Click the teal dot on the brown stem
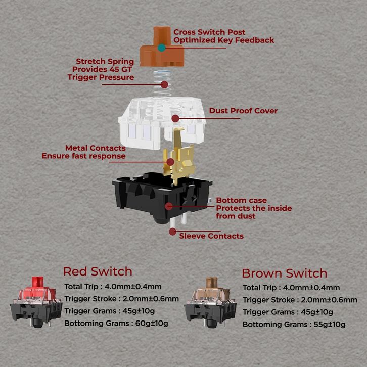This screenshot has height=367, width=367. click(161, 48)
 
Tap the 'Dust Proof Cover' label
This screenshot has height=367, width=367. click(243, 111)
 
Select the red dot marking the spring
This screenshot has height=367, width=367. click(164, 84)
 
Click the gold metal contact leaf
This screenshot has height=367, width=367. click(179, 156)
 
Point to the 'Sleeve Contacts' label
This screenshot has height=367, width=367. click(211, 236)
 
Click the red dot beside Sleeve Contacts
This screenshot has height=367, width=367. click(173, 232)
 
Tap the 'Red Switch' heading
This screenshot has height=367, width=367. click(98, 271)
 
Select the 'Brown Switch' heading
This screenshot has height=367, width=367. click(285, 273)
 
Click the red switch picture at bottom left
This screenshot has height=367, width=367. click(36, 302)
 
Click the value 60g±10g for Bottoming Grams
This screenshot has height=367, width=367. click(152, 323)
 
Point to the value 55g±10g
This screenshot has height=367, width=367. click(330, 325)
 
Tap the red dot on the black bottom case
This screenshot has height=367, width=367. click(169, 206)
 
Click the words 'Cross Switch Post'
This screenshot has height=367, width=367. click(209, 32)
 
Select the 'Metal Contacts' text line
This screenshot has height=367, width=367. click(95, 148)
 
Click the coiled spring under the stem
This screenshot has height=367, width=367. click(162, 82)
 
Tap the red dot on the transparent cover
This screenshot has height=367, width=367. click(175, 118)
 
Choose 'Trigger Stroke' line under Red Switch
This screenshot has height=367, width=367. click(121, 299)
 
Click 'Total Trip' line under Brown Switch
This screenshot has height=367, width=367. click(291, 288)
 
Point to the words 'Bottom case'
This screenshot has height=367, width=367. click(241, 200)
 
